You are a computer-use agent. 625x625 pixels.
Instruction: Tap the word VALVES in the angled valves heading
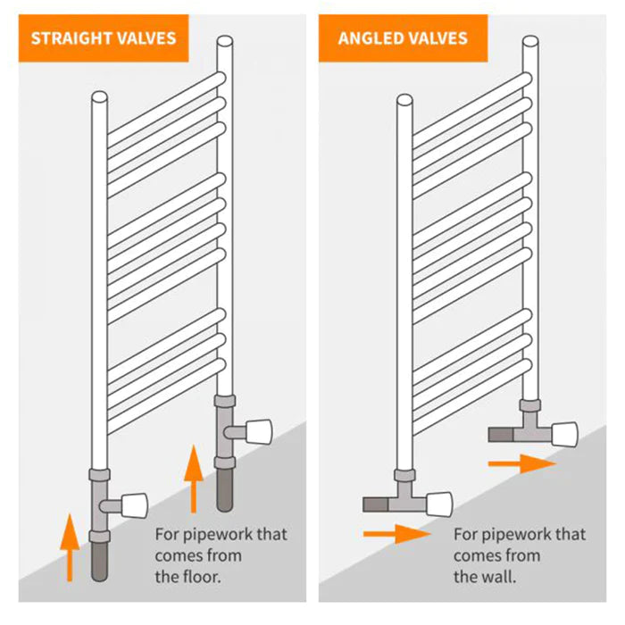(437, 38)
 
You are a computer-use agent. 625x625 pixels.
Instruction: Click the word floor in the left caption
(200, 577)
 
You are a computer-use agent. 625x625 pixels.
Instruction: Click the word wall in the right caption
(498, 577)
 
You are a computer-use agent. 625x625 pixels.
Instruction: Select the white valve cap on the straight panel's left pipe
(134, 505)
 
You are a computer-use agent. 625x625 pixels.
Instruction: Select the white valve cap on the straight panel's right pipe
(259, 431)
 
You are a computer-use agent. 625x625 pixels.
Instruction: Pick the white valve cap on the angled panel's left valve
(439, 504)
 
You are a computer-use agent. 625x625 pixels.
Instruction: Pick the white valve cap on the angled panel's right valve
(565, 434)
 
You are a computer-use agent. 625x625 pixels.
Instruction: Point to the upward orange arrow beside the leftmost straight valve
(70, 547)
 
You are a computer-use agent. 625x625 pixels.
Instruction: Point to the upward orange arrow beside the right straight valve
(194, 479)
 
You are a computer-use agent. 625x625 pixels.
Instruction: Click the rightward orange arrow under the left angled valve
(397, 534)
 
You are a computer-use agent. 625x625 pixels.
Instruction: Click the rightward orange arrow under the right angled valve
(522, 463)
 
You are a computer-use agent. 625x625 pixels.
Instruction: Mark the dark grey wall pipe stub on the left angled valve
(376, 504)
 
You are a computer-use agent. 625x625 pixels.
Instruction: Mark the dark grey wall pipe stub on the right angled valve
(501, 434)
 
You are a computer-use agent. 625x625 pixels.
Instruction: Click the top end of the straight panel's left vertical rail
(99, 96)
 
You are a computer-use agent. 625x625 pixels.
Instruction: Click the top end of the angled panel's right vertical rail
(530, 41)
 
